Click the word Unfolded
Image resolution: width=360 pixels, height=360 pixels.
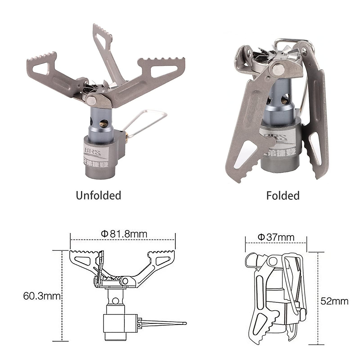[98, 195]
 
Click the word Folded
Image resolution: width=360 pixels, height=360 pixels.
[283, 196]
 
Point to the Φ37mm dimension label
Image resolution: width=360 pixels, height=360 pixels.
[276, 237]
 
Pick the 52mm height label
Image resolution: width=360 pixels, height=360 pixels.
[334, 301]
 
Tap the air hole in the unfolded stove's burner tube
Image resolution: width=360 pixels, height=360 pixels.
[104, 123]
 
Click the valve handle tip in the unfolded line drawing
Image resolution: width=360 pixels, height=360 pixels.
[184, 323]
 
